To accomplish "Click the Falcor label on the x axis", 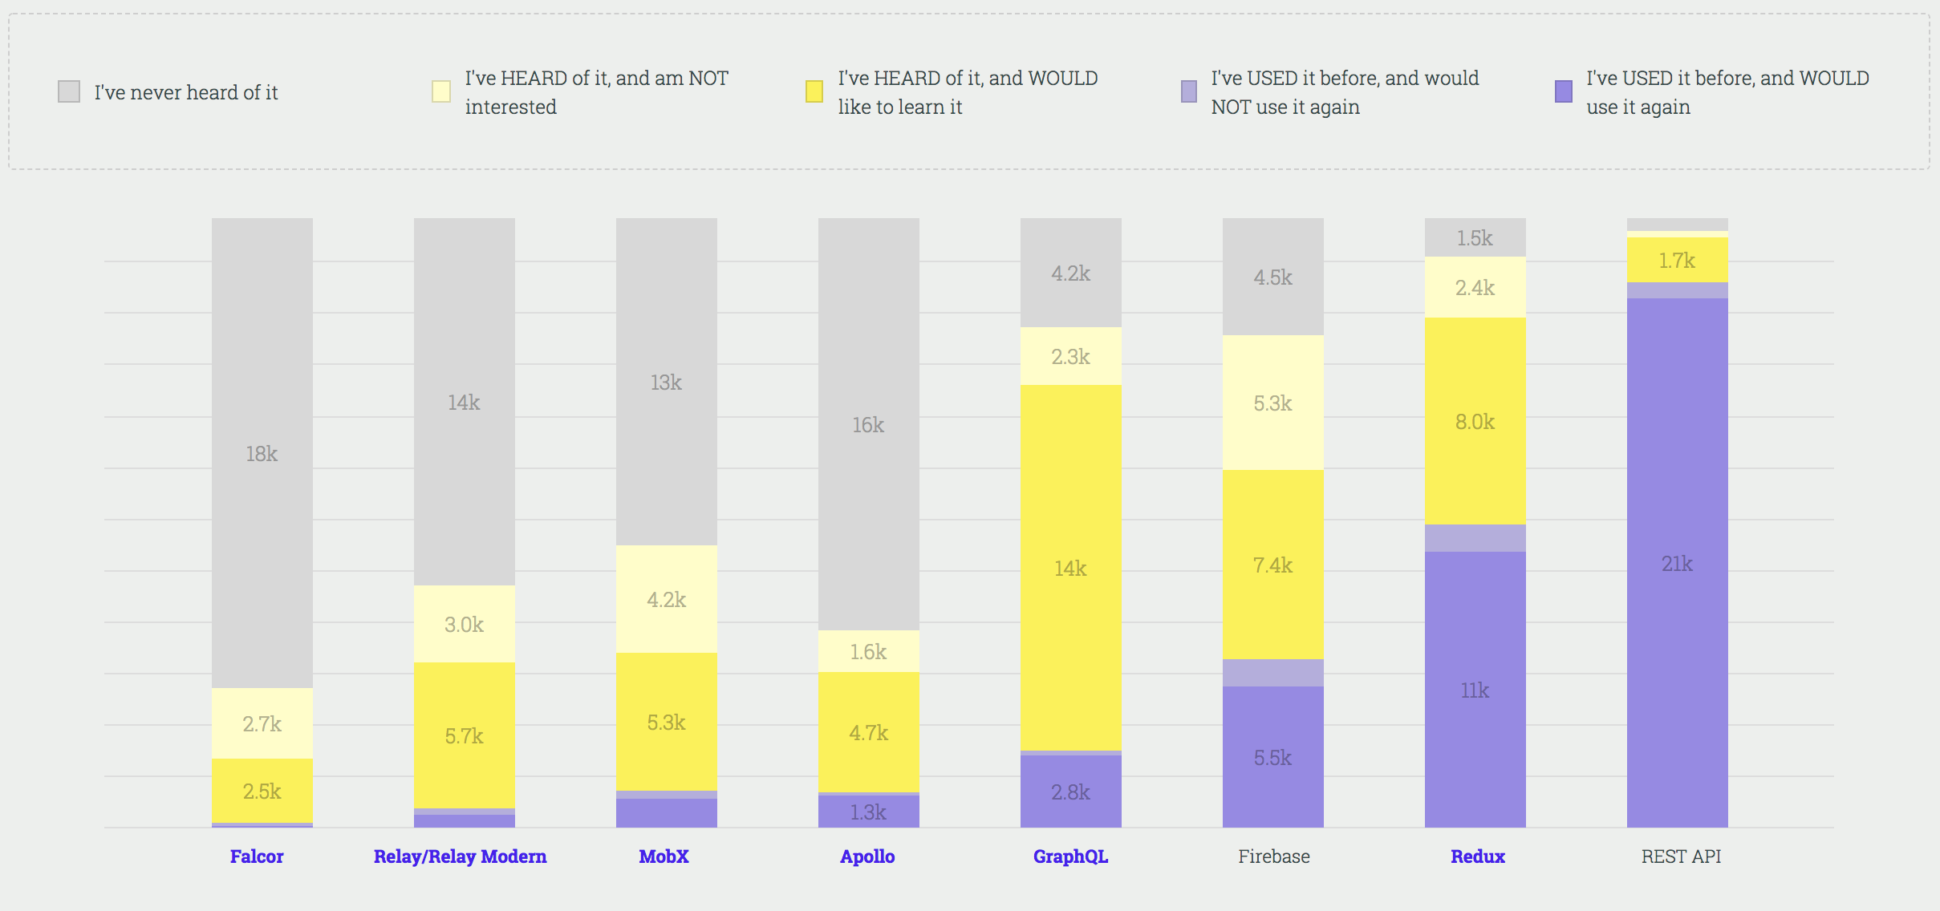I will tap(257, 856).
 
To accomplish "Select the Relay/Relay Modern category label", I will tap(460, 856).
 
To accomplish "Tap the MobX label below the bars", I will tap(664, 856).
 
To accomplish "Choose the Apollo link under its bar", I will tap(867, 856).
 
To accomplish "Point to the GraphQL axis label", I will tap(1070, 856).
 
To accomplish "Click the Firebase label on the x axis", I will tap(1273, 856).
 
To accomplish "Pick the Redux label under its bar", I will tap(1478, 856).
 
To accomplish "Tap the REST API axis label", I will tap(1681, 856).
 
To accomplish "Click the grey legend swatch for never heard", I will tap(69, 91).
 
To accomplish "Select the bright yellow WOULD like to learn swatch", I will tap(814, 91).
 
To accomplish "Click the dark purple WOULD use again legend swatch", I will tap(1564, 91).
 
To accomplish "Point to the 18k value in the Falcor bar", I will tap(262, 454).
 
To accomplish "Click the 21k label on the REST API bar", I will tap(1677, 564).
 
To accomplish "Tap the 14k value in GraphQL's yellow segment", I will tap(1070, 569).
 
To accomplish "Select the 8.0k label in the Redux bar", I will tap(1475, 422).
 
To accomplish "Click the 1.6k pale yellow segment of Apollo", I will tap(868, 652).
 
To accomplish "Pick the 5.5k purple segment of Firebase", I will tap(1272, 758).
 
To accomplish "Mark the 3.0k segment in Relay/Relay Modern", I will tap(464, 625).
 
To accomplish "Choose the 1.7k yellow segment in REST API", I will tap(1677, 261).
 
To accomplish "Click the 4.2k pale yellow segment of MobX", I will tap(666, 600).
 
